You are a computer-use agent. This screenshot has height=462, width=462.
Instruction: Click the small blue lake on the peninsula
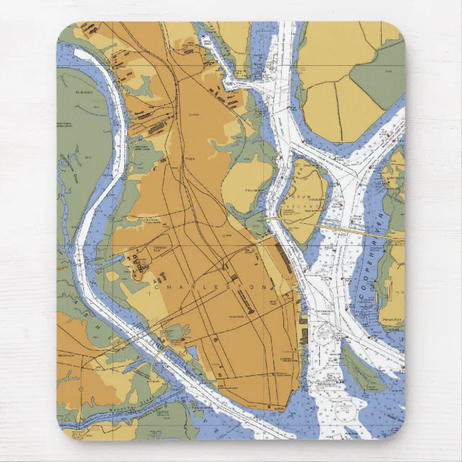point(192,352)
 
